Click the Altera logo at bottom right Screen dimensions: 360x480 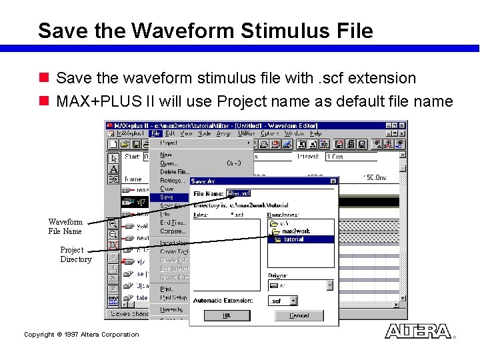click(x=418, y=331)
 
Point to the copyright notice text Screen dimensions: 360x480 click(x=81, y=335)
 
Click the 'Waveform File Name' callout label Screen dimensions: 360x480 click(x=65, y=227)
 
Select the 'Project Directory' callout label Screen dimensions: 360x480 click(x=75, y=255)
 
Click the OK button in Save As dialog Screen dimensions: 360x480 click(x=227, y=315)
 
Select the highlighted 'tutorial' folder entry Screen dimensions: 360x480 click(x=293, y=239)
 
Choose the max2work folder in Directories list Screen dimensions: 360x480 click(x=295, y=231)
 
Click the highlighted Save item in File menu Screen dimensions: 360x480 click(x=167, y=197)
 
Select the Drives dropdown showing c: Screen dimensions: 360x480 click(x=301, y=285)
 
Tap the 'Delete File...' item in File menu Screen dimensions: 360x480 click(x=175, y=172)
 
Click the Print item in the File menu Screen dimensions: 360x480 click(x=167, y=289)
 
